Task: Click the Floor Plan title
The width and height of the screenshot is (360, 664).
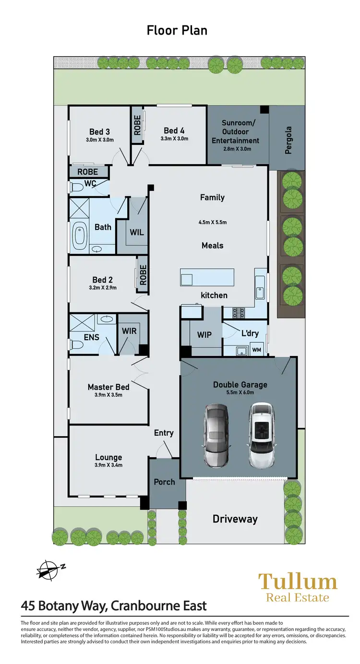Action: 177,31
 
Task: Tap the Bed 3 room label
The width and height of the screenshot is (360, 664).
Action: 100,132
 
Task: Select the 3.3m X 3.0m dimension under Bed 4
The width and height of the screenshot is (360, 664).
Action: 174,139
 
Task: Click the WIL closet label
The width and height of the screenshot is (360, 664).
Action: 136,233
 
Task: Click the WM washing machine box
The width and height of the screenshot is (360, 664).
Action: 256,350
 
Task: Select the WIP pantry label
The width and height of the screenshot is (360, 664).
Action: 204,334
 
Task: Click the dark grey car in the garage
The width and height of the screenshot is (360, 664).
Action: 216,435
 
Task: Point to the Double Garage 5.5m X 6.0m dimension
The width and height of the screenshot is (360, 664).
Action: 240,392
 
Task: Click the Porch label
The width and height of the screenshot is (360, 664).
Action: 164,482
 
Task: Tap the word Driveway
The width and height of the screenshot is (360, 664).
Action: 235,519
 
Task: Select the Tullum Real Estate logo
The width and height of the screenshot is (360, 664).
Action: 298,587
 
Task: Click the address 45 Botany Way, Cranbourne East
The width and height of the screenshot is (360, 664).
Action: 114,605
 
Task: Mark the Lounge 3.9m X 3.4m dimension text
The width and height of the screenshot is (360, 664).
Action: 108,465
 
